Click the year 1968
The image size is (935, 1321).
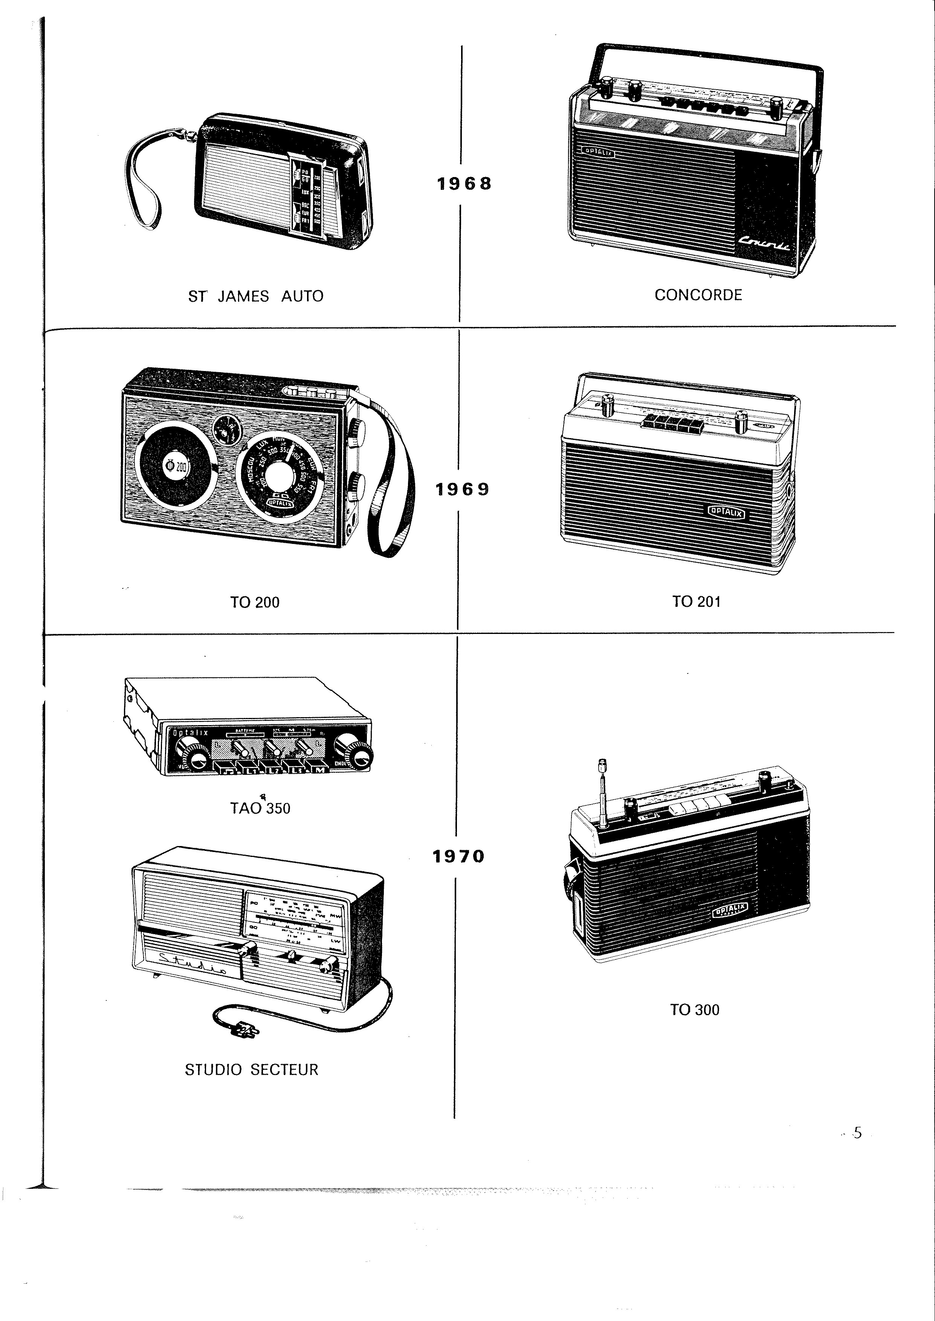point(464,183)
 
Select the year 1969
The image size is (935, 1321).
point(462,489)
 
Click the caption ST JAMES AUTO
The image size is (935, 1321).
point(256,296)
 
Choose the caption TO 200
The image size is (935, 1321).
point(255,603)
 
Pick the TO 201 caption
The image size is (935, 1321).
point(696,602)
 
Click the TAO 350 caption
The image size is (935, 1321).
point(260,808)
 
